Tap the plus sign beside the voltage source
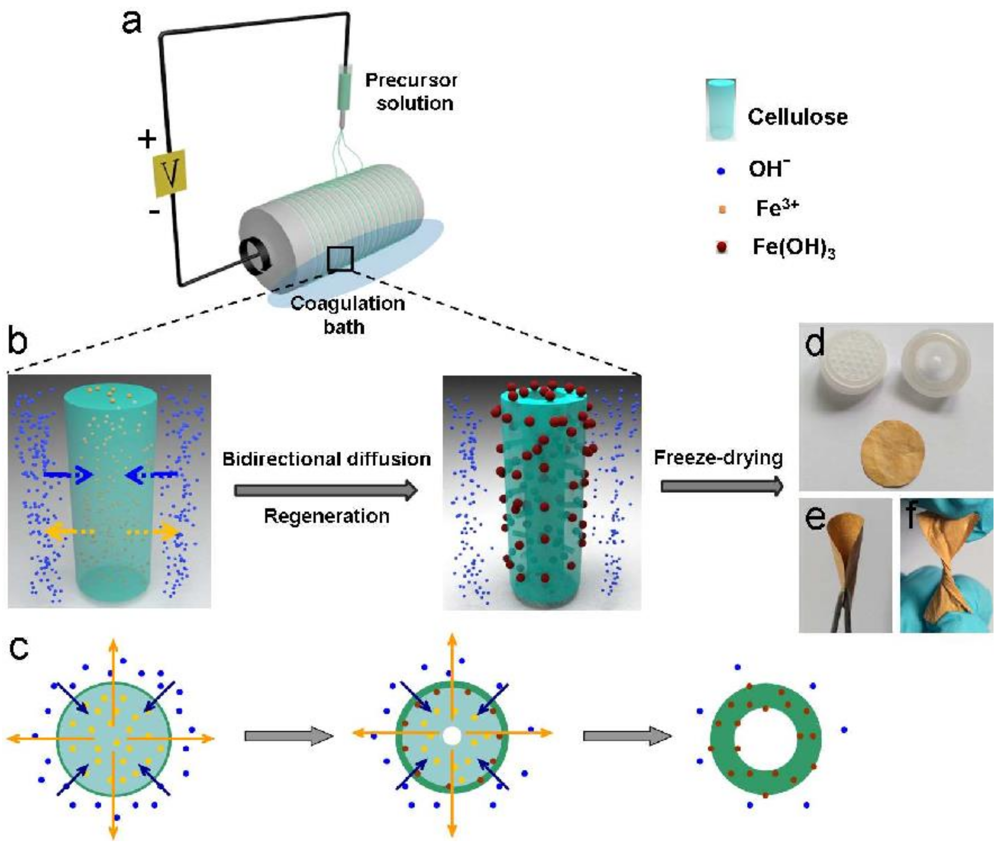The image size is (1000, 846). click(147, 140)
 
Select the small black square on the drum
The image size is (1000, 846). click(340, 259)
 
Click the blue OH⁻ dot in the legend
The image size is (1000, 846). click(721, 171)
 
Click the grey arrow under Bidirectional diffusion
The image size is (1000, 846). click(326, 491)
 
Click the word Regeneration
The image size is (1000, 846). click(326, 516)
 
